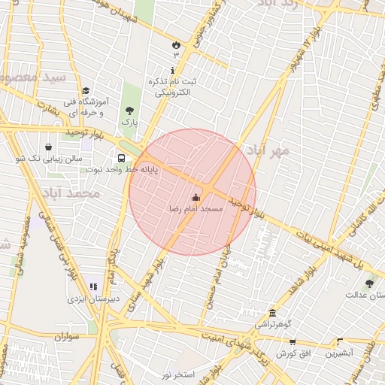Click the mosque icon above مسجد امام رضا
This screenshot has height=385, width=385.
(197, 198)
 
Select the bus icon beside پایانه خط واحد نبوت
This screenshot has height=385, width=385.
(121, 158)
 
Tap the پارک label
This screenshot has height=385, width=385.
(131, 121)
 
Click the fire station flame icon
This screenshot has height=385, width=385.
(176, 44)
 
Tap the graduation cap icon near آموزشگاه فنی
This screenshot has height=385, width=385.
(84, 90)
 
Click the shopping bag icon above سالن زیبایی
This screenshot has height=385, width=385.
(49, 147)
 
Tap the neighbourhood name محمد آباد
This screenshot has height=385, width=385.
(72, 193)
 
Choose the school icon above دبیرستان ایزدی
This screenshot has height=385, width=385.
(93, 286)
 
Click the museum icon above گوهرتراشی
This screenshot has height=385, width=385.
(271, 313)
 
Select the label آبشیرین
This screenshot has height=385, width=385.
(340, 353)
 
